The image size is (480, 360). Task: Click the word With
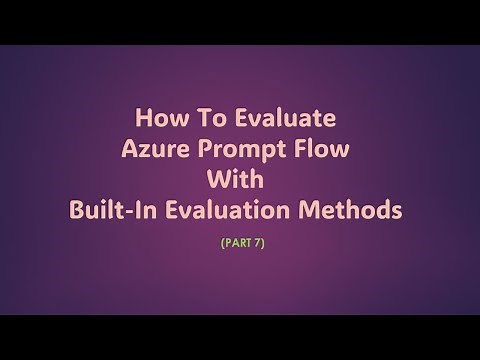click(x=240, y=182)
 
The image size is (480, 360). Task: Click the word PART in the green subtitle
click(x=236, y=241)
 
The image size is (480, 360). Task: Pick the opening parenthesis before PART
click(x=219, y=241)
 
